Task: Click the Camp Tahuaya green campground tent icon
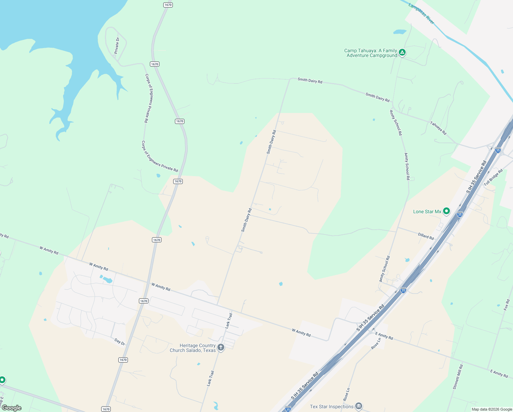[402, 53]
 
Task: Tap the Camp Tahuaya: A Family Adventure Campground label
[371, 53]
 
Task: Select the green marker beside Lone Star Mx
[446, 211]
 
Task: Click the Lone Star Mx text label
[427, 212]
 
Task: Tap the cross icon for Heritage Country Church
[221, 347]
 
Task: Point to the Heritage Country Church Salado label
[193, 348]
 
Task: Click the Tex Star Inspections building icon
[358, 406]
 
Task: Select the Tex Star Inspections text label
[331, 407]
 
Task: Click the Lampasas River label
[421, 14]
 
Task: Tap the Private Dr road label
[117, 45]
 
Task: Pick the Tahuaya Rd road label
[438, 128]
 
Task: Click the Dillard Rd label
[426, 236]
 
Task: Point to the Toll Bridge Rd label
[493, 177]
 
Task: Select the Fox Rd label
[506, 305]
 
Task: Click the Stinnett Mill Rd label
[458, 377]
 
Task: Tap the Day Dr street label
[120, 342]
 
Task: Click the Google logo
[11, 408]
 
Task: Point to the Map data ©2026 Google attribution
[492, 409]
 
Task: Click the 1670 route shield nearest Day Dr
[123, 360]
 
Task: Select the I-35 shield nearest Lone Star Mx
[460, 215]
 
